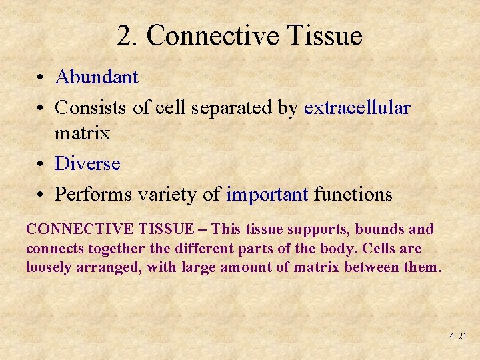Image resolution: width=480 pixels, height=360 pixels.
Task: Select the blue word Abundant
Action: (x=97, y=77)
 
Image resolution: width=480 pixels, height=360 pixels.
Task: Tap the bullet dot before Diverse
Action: (x=41, y=164)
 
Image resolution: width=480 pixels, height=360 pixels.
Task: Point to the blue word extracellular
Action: (x=357, y=107)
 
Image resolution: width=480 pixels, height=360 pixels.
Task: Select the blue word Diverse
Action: (x=87, y=163)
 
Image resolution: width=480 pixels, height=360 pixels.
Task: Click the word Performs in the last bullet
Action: (x=93, y=194)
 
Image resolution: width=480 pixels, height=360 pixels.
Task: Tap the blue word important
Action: (x=267, y=194)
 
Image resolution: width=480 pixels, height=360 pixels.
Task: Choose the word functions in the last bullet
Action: (x=353, y=194)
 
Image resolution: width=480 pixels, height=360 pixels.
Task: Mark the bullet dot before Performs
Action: (x=41, y=195)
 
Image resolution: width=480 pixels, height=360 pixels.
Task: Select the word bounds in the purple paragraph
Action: (x=380, y=229)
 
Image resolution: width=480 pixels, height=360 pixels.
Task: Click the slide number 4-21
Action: (x=457, y=337)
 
